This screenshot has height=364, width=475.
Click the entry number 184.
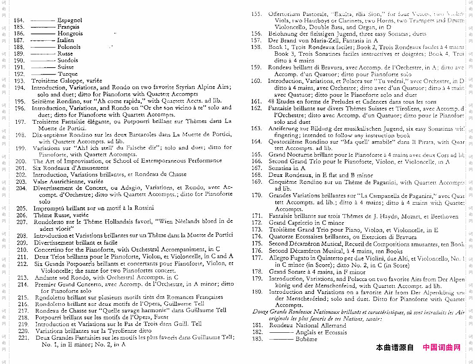pyautogui.click(x=19, y=20)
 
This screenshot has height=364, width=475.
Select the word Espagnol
pyautogui.click(x=69, y=20)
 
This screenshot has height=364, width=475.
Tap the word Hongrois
pyautogui.click(x=70, y=33)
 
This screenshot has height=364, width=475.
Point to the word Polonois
pyautogui.click(x=69, y=47)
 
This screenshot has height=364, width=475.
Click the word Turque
pyautogui.click(x=68, y=74)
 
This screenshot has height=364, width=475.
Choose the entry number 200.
pyautogui.click(x=21, y=161)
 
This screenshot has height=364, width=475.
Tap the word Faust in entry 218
pyautogui.click(x=160, y=317)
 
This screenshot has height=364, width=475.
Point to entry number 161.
pyautogui.click(x=256, y=101)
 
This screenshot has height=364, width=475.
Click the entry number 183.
pyautogui.click(x=258, y=339)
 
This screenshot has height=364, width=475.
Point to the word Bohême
pyautogui.click(x=306, y=339)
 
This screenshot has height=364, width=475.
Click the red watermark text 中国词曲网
pyautogui.click(x=442, y=347)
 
